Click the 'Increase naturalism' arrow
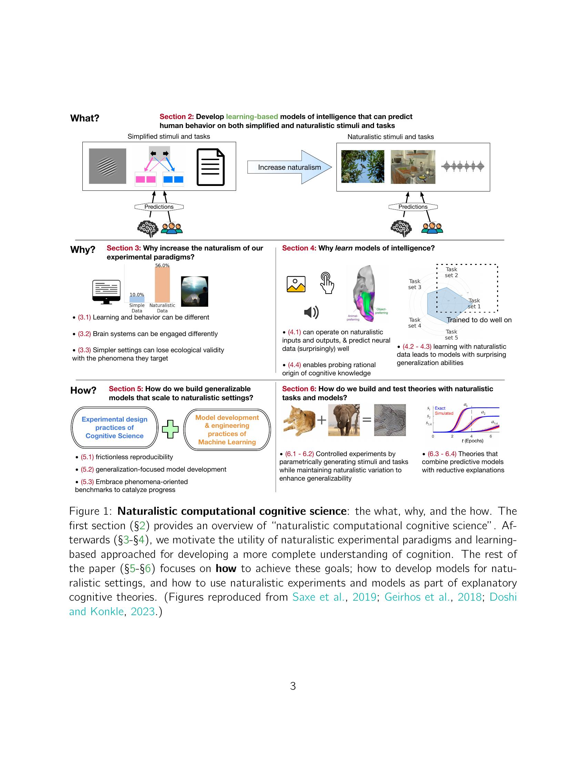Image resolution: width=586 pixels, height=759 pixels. point(289,167)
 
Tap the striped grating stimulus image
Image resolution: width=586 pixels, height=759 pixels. point(107,166)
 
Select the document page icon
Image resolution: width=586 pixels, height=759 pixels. point(210,167)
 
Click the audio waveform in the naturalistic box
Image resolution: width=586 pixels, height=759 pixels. point(462,167)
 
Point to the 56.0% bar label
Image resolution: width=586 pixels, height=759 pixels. point(162,266)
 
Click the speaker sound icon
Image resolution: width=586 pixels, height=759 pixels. point(311,313)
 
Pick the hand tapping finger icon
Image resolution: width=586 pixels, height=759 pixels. point(327,283)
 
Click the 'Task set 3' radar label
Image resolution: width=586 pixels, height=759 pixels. point(414,284)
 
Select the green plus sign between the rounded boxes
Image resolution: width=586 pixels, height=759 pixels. point(170,429)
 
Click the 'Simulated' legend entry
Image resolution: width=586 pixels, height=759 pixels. point(444,413)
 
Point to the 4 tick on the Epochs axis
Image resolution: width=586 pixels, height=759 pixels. point(472,436)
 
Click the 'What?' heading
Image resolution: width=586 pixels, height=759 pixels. point(85,118)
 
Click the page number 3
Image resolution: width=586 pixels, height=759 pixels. point(293,686)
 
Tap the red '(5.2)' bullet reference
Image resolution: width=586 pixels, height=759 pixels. point(87,470)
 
